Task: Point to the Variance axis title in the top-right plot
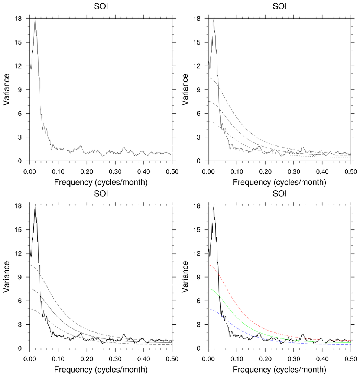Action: [186, 89]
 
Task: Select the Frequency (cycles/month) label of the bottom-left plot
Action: [101, 370]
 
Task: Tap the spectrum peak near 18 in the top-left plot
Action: [35, 19]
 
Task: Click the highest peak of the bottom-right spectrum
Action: [214, 206]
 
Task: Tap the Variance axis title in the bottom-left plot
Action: [7, 277]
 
